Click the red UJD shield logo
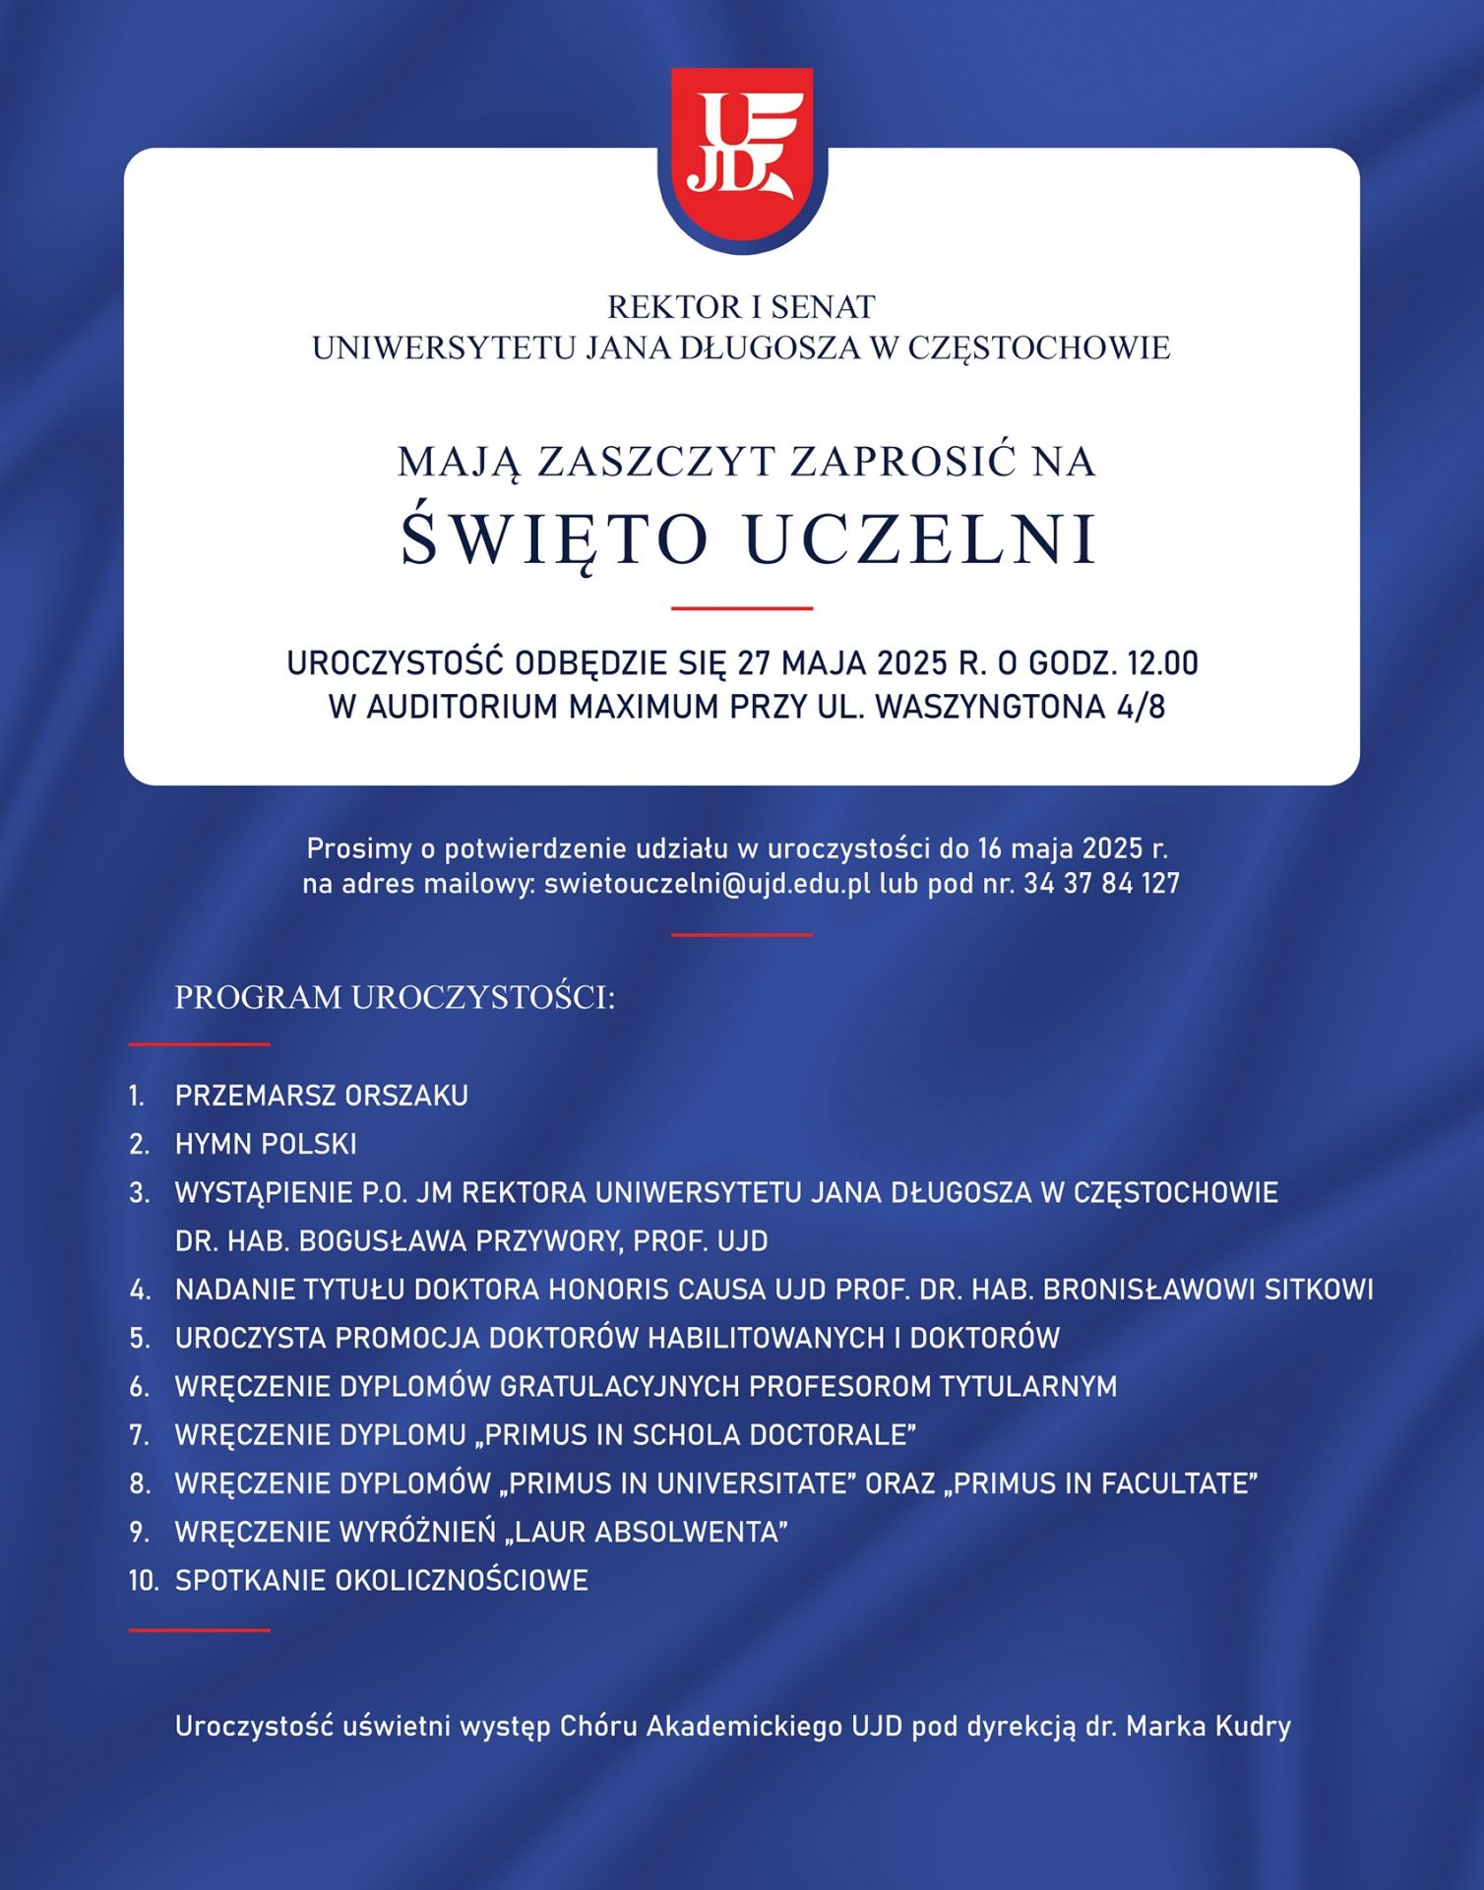742,157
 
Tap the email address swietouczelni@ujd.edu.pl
708,883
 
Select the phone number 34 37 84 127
1101,883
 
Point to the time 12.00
1162,663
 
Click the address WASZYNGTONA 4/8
1020,707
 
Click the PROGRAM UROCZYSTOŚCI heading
395,997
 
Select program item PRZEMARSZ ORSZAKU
322,1096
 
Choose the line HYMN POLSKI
266,1144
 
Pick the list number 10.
143,1581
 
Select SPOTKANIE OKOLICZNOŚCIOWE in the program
382,1581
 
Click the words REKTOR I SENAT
741,307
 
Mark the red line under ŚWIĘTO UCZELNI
742,608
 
